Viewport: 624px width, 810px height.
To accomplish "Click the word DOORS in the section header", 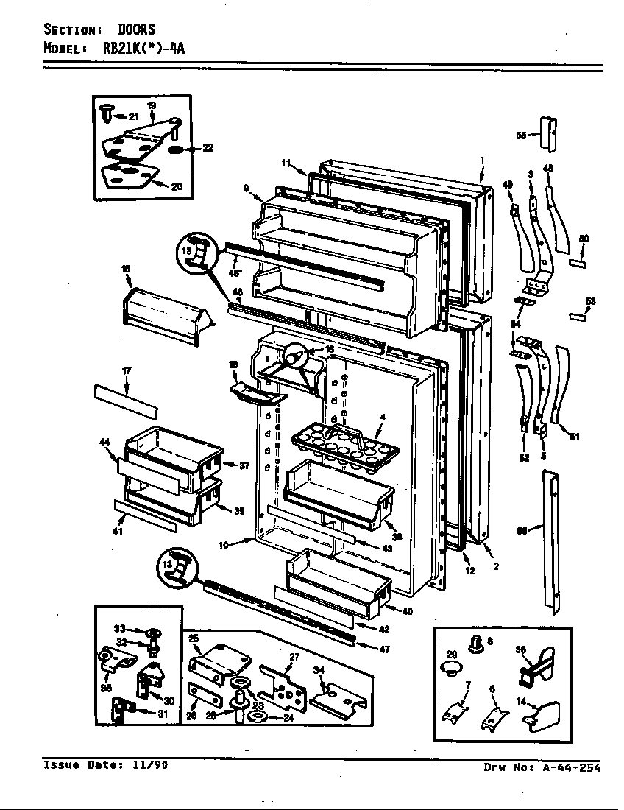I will tap(135, 29).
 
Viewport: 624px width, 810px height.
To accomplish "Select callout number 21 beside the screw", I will tap(133, 116).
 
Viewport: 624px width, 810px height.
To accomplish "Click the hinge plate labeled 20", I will tap(130, 177).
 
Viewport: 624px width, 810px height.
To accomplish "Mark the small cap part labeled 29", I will tap(450, 669).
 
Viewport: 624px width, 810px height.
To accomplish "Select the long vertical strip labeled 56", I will tap(550, 543).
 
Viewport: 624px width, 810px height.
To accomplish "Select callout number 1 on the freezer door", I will tap(482, 160).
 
